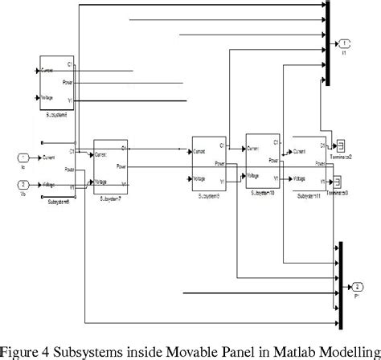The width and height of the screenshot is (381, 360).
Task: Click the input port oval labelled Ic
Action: [23, 157]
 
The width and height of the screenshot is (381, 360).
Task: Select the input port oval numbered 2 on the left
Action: [23, 184]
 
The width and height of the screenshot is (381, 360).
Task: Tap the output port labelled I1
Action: [343, 42]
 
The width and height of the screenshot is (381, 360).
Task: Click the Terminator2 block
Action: [340, 145]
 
